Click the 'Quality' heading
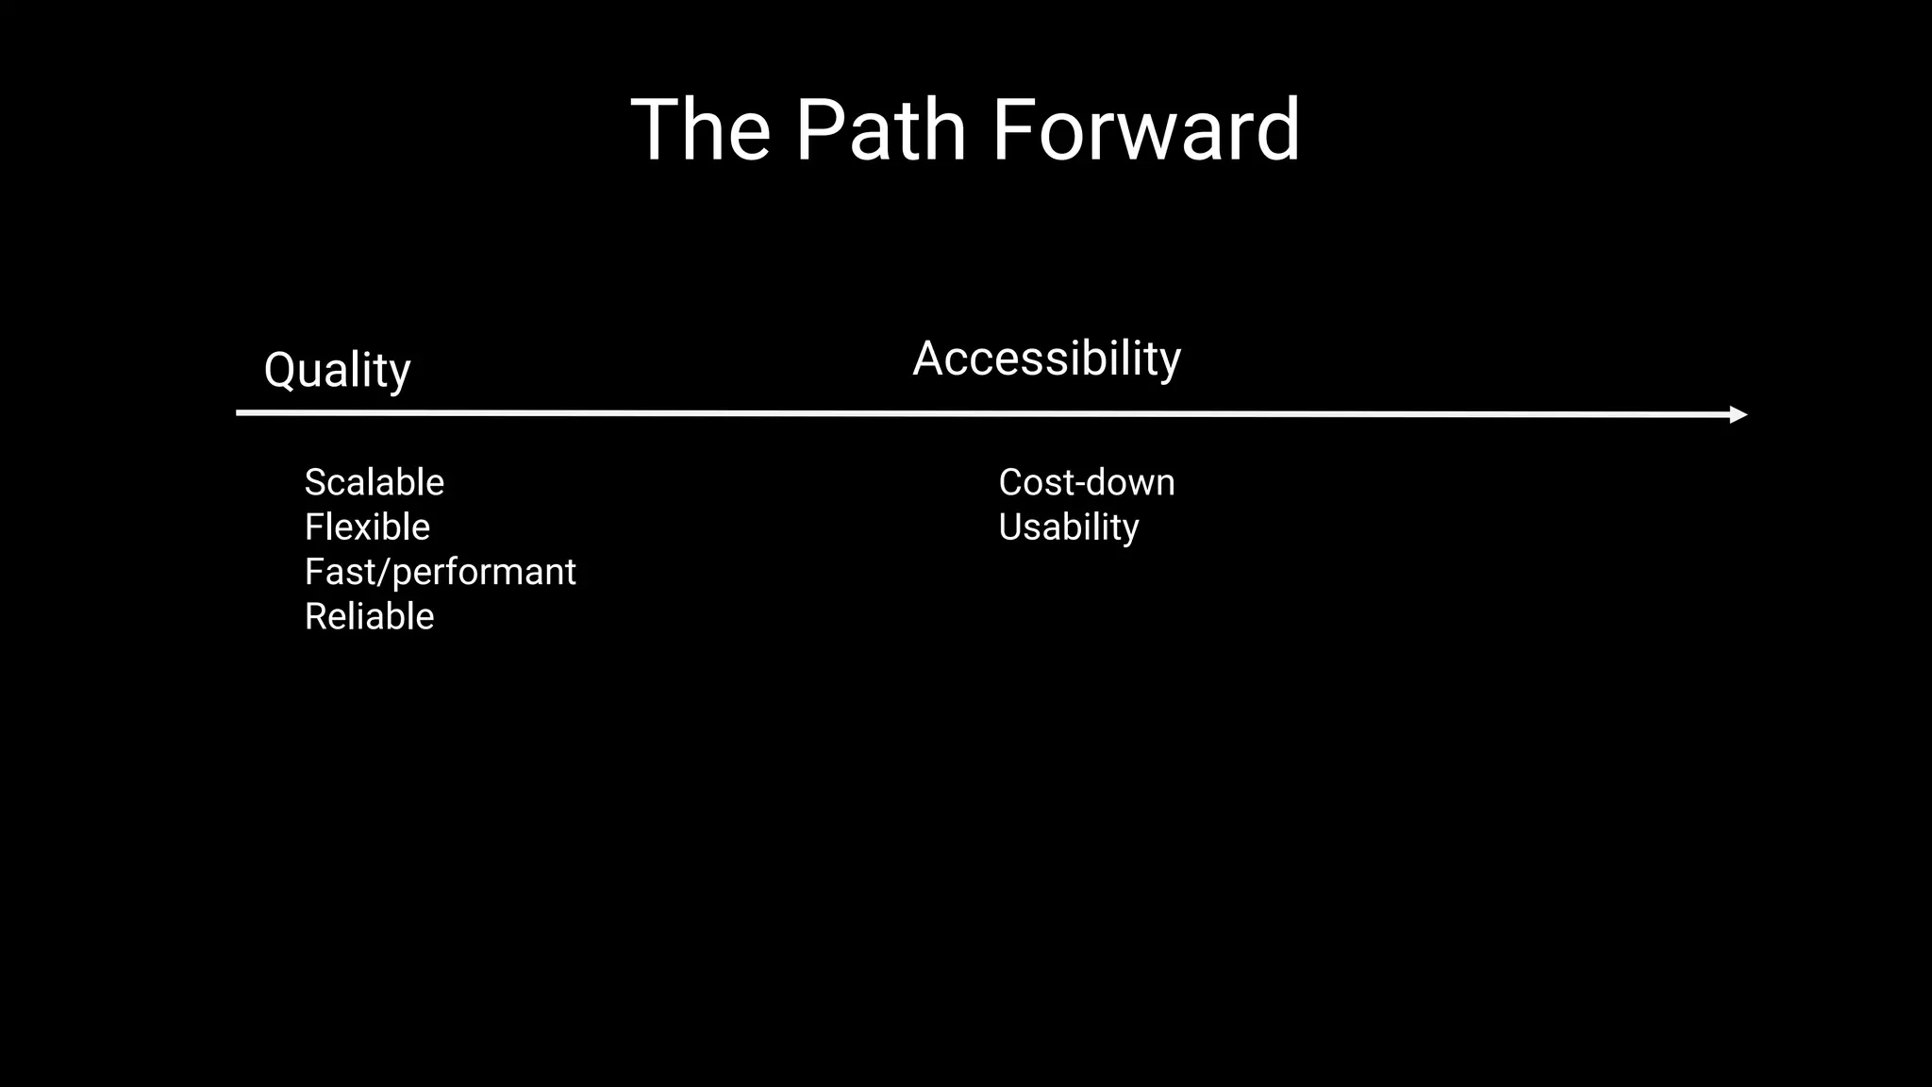pos(337,370)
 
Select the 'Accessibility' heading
pos(1046,359)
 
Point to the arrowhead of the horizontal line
pos(1738,414)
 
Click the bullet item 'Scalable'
pos(374,483)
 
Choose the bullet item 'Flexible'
pos(367,527)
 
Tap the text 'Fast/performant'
pos(440,572)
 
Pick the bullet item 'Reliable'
pos(369,617)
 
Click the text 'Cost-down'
pos(1086,483)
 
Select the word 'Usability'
pos(1068,527)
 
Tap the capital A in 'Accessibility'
pos(930,359)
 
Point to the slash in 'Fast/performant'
pos(384,572)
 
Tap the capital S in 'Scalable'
pos(316,483)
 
